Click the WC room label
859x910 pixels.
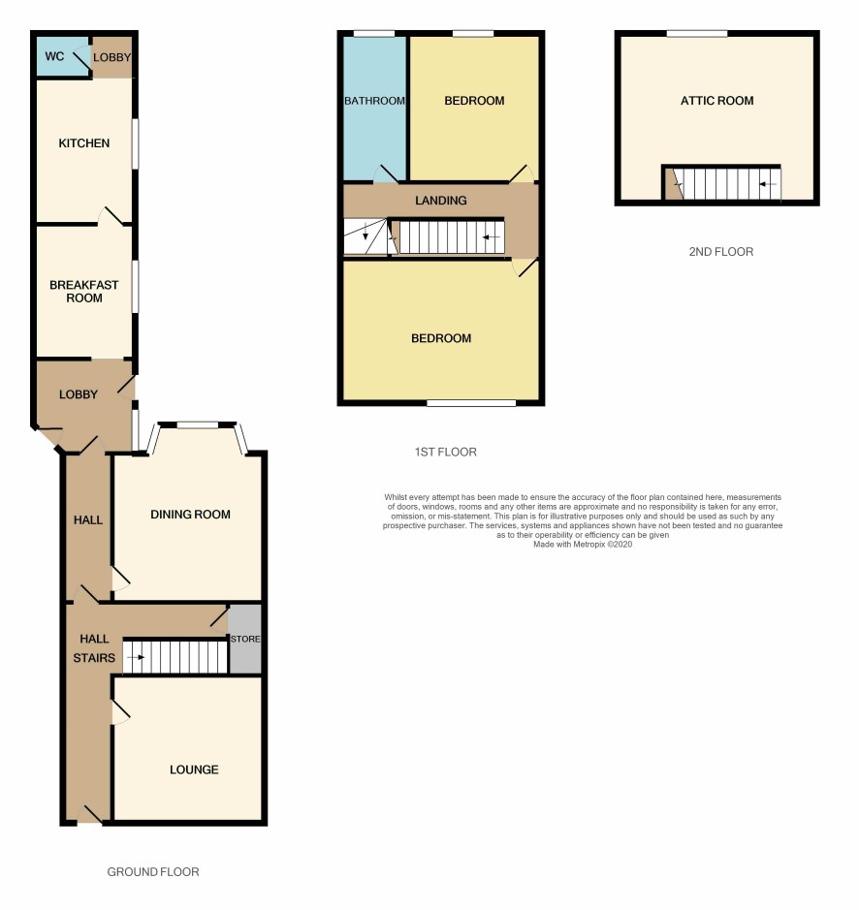tap(54, 56)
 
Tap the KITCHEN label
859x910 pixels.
tap(84, 143)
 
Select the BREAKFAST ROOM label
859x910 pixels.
tap(84, 292)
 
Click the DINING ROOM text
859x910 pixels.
tap(190, 515)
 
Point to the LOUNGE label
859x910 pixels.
tap(194, 769)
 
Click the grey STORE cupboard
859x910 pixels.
tap(245, 639)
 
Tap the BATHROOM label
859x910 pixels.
tap(374, 101)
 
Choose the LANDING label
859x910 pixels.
tap(441, 201)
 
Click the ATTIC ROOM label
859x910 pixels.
tap(717, 101)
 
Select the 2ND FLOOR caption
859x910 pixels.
tap(721, 252)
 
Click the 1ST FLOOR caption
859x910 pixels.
tap(445, 453)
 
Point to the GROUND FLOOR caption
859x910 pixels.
tap(153, 871)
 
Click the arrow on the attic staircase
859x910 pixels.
tap(768, 184)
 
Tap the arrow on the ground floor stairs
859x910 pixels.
tap(136, 657)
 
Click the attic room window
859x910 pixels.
tap(697, 34)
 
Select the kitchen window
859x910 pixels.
tap(136, 144)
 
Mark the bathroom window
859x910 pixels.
tap(374, 34)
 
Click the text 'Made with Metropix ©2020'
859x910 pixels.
tap(583, 545)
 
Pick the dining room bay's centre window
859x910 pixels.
tap(198, 425)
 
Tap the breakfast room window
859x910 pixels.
tap(136, 287)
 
